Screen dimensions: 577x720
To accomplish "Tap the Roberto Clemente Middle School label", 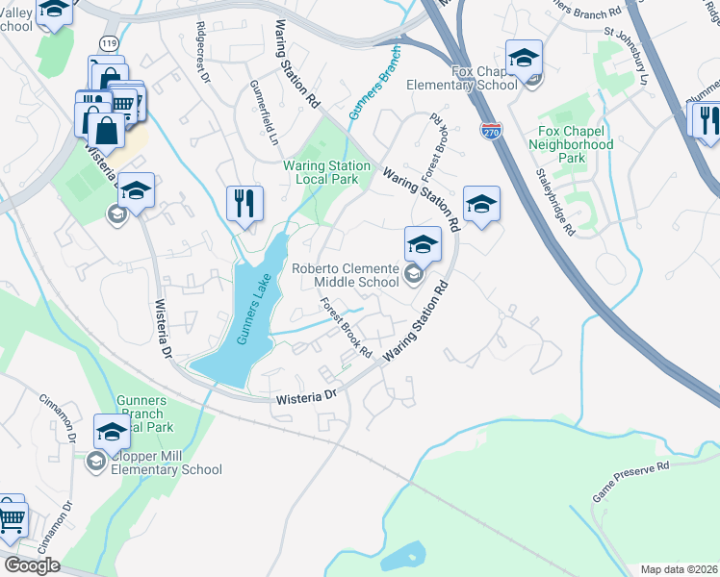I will (346, 275).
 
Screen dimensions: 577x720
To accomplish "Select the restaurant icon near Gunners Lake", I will (244, 203).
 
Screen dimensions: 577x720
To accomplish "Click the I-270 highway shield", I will (491, 129).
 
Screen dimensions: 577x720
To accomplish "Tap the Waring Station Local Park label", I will (326, 172).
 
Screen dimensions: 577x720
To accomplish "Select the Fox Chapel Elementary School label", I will (499, 77).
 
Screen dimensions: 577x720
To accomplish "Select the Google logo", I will (32, 565).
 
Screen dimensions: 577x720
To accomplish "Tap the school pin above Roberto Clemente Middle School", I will (423, 246).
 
